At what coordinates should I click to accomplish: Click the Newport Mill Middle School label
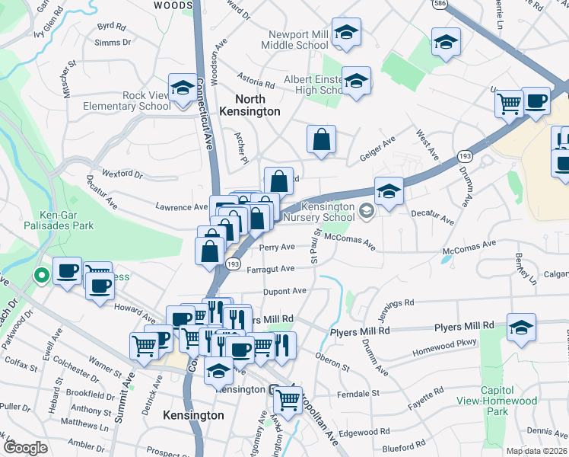click(x=298, y=40)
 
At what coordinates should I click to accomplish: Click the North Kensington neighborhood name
click(x=250, y=105)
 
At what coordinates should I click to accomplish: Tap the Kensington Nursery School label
click(x=318, y=213)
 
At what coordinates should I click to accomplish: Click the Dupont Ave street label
click(x=284, y=291)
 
